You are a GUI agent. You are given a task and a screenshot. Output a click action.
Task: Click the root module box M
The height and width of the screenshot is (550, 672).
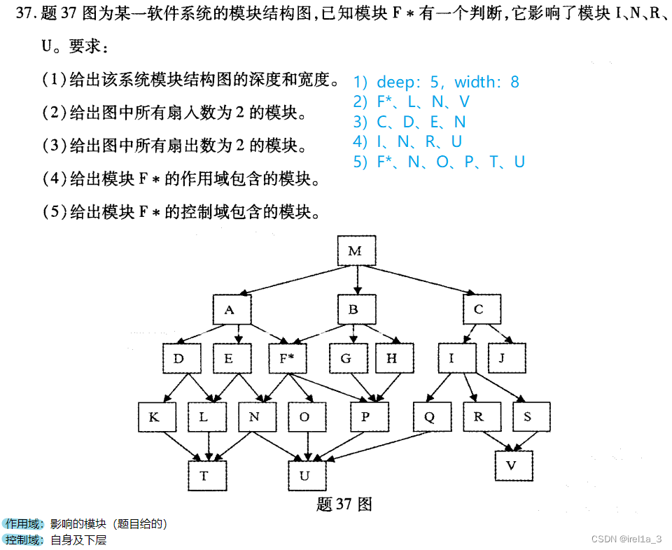pyautogui.click(x=356, y=251)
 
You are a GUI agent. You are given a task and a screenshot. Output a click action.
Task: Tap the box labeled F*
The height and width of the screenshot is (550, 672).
pyautogui.click(x=287, y=359)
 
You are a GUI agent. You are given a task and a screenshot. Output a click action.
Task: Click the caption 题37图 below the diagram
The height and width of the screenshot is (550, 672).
pyautogui.click(x=344, y=505)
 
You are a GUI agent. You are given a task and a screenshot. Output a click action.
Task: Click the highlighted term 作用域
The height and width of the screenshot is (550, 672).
pyautogui.click(x=24, y=523)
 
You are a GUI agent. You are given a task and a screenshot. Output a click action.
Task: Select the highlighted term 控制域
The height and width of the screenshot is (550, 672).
pyautogui.click(x=24, y=540)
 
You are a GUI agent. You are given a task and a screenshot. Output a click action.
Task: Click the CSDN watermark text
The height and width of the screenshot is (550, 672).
pyautogui.click(x=626, y=539)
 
